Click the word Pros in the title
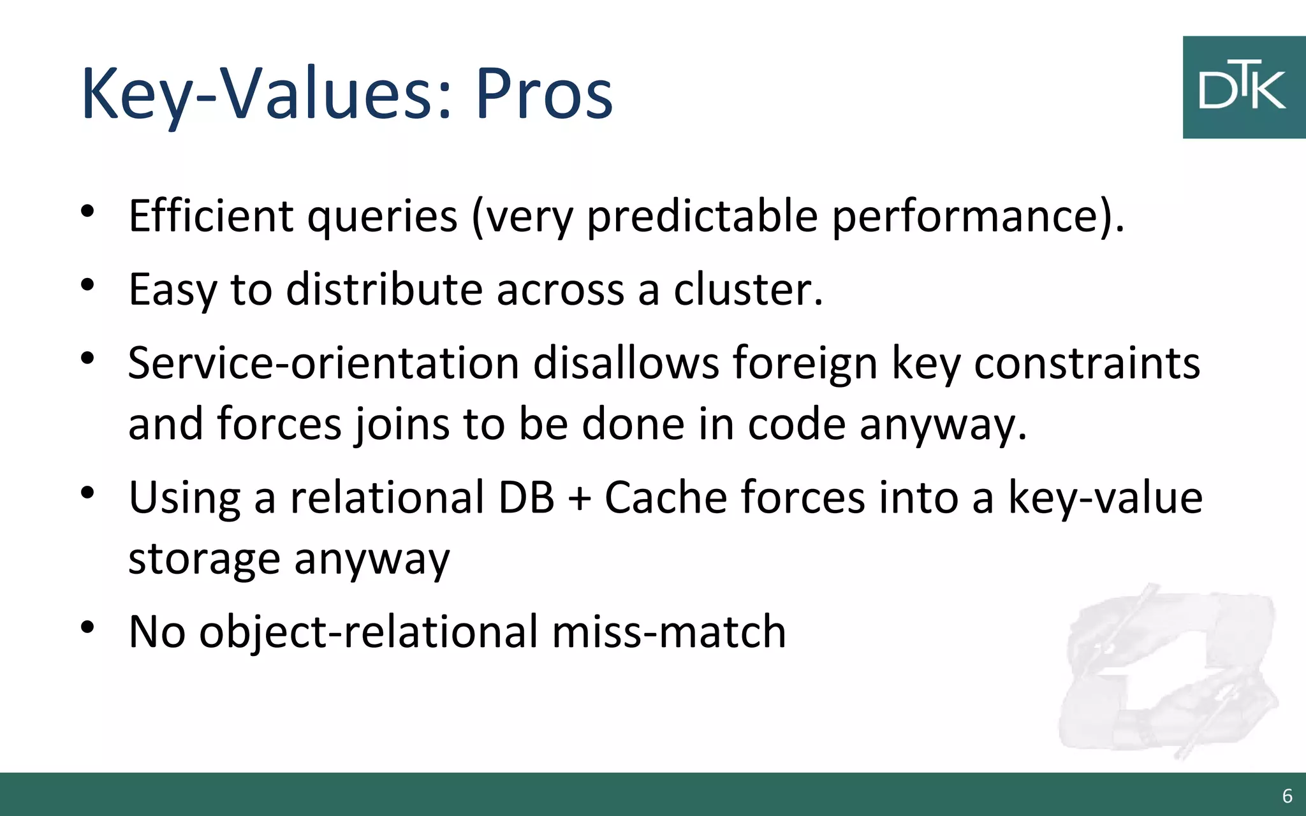(543, 94)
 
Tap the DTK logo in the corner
(1243, 87)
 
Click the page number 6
(1287, 796)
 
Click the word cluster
(748, 289)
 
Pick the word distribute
(384, 289)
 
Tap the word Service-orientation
(323, 363)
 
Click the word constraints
(1087, 363)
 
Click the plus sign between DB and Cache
(579, 498)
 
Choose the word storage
(204, 559)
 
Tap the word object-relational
(369, 632)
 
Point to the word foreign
(804, 363)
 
